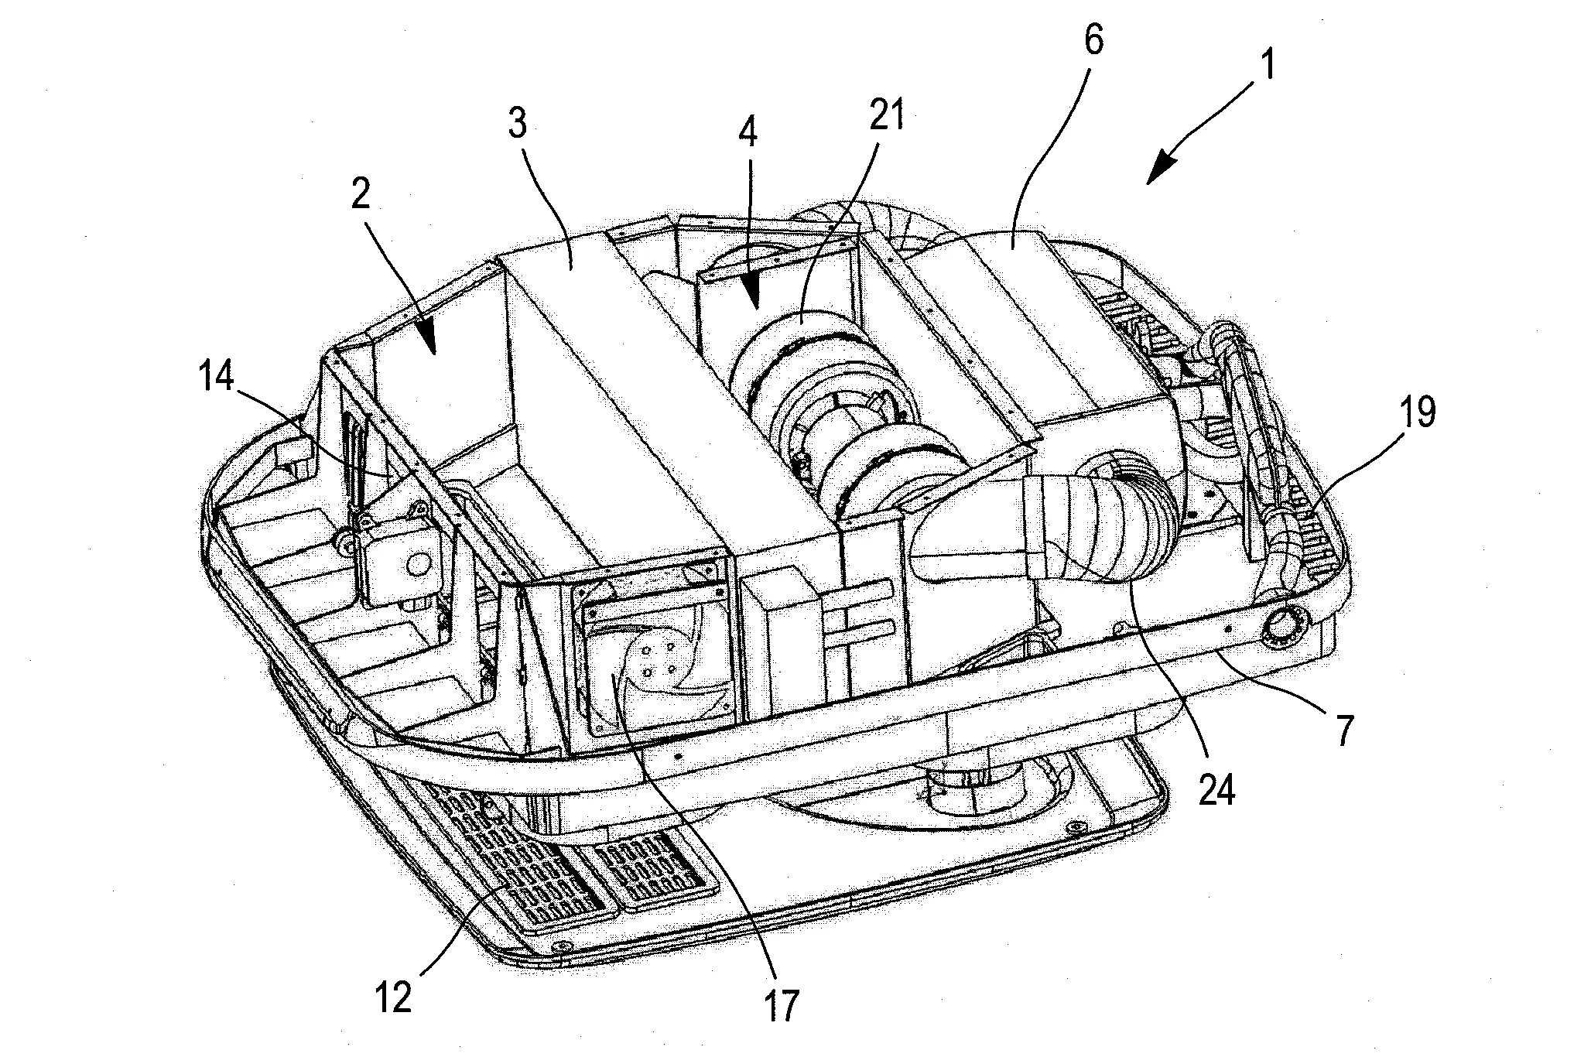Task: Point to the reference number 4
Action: (746, 132)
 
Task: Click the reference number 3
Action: (516, 123)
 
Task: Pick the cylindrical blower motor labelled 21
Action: (836, 402)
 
